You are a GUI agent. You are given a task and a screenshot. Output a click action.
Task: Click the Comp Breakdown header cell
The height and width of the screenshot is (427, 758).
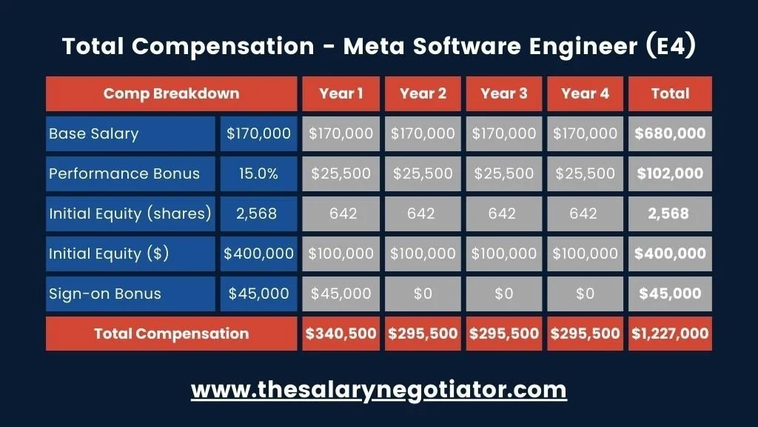[x=171, y=93]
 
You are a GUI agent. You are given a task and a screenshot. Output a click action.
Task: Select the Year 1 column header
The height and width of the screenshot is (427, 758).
[x=341, y=93]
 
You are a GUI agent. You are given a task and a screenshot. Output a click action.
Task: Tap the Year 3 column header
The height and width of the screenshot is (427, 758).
[x=503, y=93]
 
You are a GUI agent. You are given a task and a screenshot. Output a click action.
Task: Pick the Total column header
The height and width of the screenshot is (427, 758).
[x=670, y=93]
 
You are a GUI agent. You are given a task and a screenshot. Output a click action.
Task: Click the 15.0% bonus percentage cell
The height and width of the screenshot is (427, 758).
[x=258, y=173]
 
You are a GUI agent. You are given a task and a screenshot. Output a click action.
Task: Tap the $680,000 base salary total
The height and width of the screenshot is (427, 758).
[x=670, y=134]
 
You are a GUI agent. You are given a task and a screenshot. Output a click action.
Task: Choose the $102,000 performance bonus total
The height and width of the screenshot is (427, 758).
[x=670, y=173]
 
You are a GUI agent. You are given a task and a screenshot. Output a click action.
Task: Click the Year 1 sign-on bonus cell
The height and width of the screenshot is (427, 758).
[x=341, y=294]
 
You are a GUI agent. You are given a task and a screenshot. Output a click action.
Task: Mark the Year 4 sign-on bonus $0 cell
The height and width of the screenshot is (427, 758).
[x=585, y=294]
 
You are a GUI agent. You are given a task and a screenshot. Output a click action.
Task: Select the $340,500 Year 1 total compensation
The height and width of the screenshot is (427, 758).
[x=341, y=334]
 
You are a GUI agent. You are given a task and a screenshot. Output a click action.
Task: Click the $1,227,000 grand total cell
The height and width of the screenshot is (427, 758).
[x=670, y=334]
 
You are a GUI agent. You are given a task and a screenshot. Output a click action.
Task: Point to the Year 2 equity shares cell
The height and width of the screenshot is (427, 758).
[x=423, y=213]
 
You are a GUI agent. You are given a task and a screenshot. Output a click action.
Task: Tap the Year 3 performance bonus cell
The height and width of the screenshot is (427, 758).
[x=503, y=173]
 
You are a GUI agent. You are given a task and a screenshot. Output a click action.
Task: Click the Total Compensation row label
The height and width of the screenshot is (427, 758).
[x=171, y=334]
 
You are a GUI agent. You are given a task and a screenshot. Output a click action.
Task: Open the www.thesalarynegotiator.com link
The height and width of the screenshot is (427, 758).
[x=378, y=389]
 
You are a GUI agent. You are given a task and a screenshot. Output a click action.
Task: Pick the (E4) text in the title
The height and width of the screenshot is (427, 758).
[x=670, y=46]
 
